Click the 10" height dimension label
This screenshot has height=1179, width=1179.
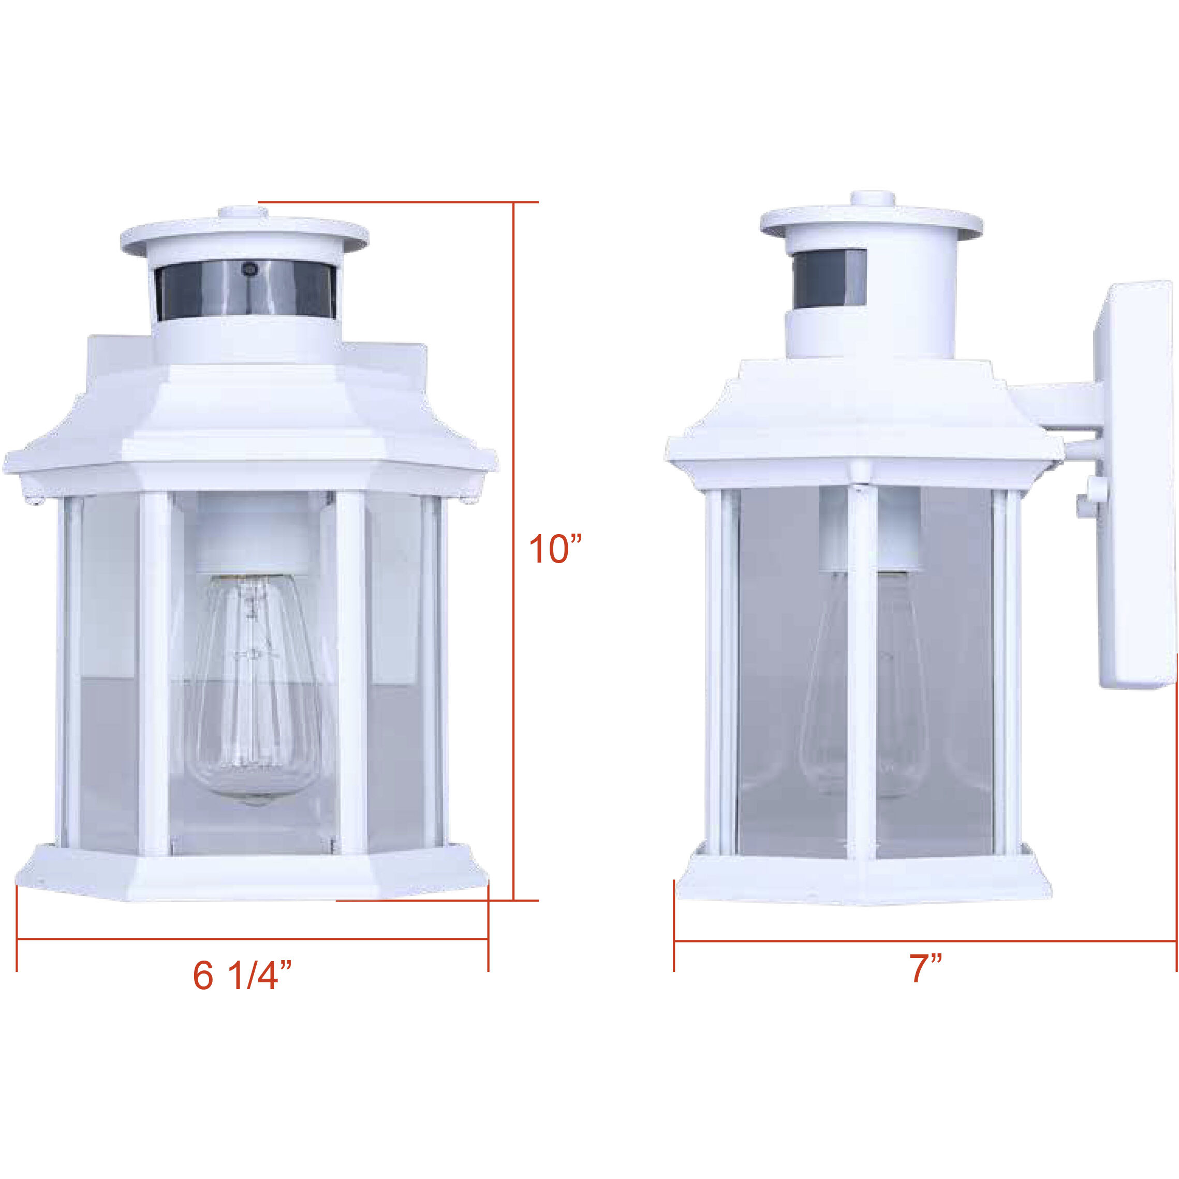pos(555,549)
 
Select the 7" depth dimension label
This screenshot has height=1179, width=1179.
pos(926,968)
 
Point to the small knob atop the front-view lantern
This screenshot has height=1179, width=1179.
pos(244,214)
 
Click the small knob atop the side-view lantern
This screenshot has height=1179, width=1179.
pos(873,200)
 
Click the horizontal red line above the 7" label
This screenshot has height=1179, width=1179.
pos(924,941)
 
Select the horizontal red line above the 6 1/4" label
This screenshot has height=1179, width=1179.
pos(252,938)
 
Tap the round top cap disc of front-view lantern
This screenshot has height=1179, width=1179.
pos(244,234)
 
